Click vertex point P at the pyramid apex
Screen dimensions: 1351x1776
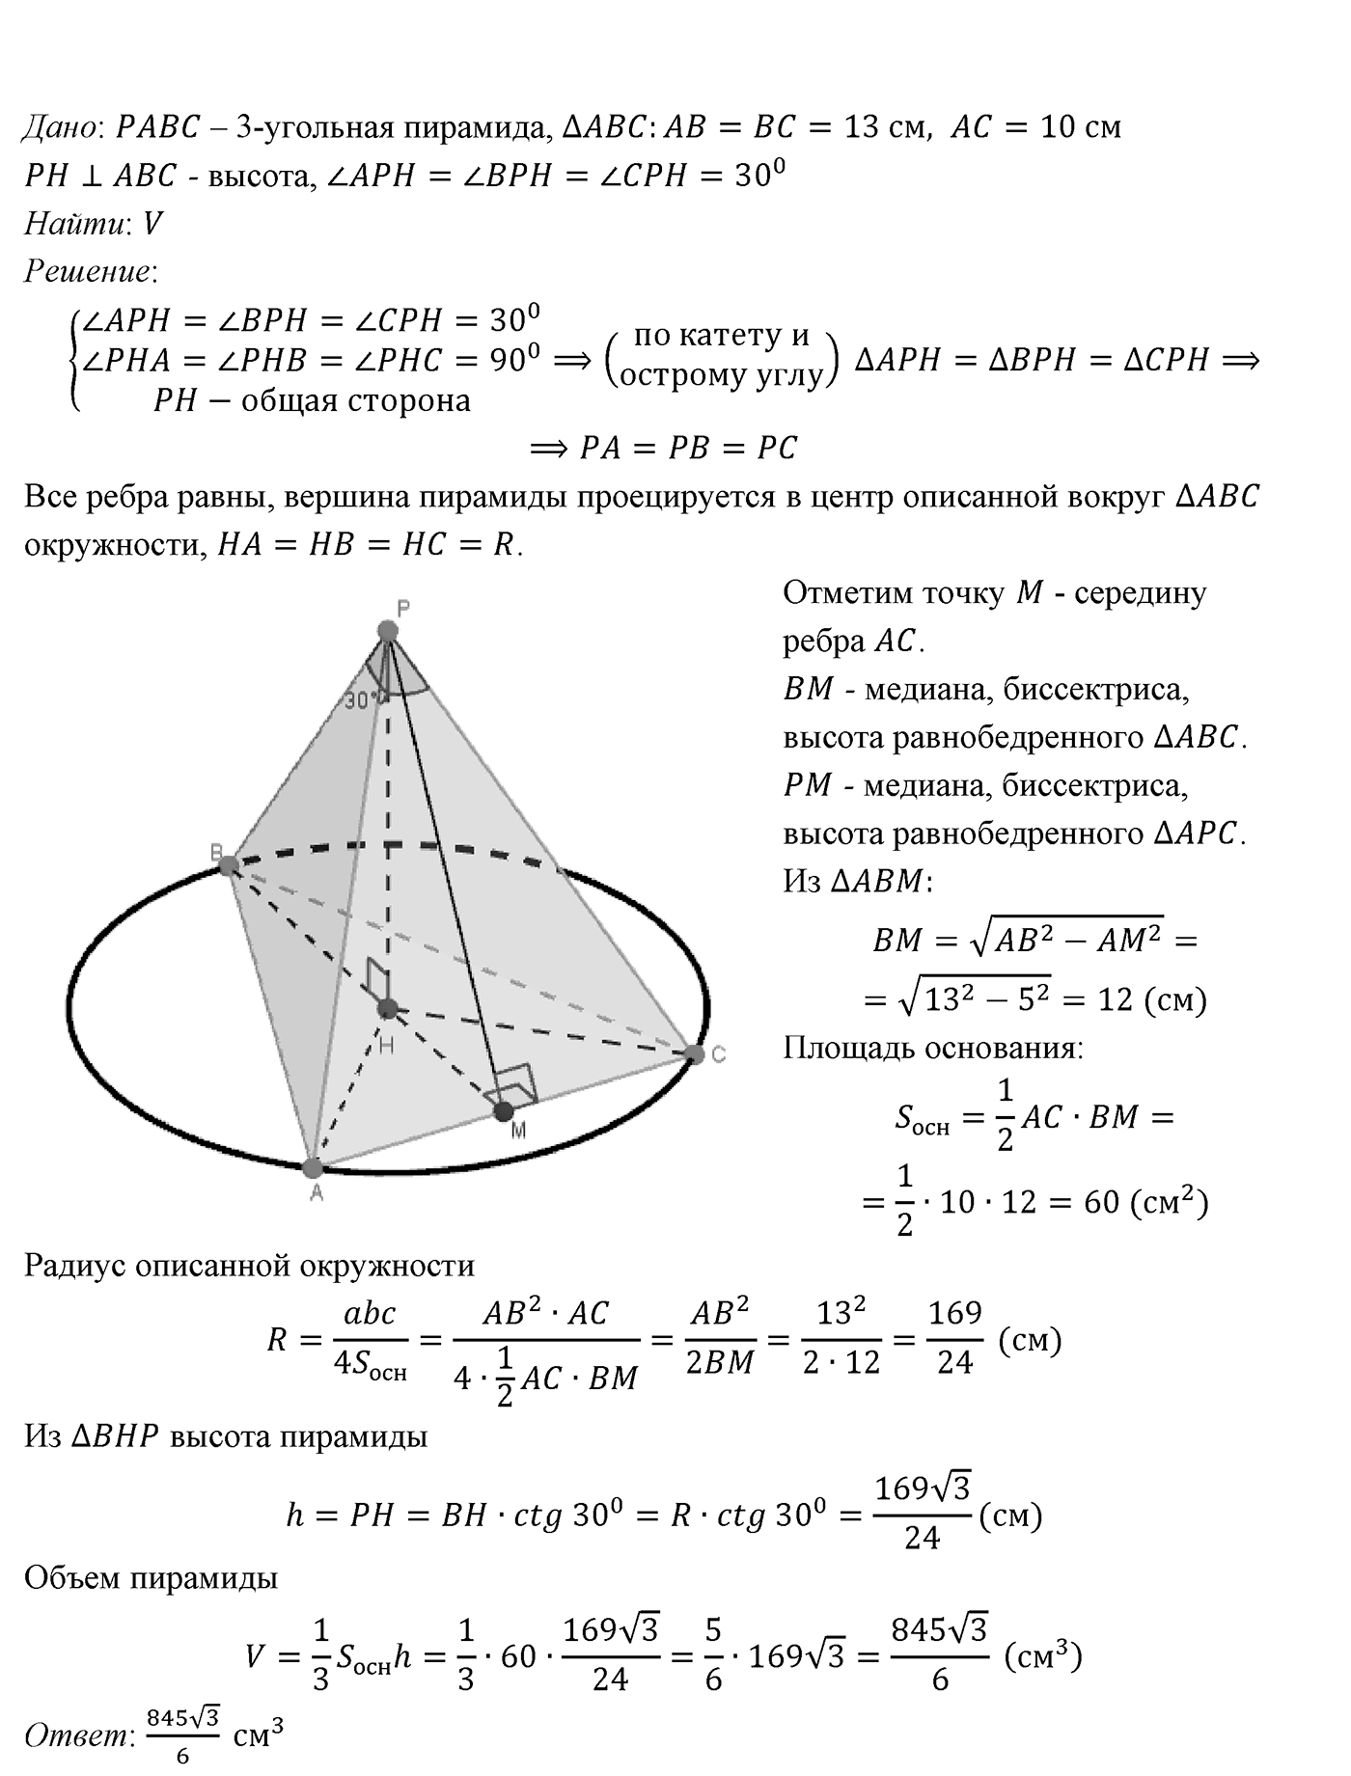click(x=388, y=631)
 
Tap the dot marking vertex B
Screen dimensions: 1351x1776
click(x=229, y=865)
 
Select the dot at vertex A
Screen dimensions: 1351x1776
click(x=313, y=1168)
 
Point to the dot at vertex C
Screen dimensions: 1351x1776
click(x=695, y=1054)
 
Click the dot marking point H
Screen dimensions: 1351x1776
click(x=388, y=1009)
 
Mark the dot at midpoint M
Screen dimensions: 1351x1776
click(x=504, y=1111)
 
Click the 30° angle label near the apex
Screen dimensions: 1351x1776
click(x=360, y=701)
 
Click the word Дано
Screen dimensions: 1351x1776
click(x=59, y=127)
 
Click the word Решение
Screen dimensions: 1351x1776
click(x=87, y=272)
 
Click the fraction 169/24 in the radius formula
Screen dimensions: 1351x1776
click(x=955, y=1338)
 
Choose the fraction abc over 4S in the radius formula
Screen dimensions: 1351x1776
click(x=370, y=1340)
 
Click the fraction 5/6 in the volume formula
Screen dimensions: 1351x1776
click(x=713, y=1655)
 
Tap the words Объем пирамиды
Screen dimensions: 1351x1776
click(x=151, y=1577)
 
